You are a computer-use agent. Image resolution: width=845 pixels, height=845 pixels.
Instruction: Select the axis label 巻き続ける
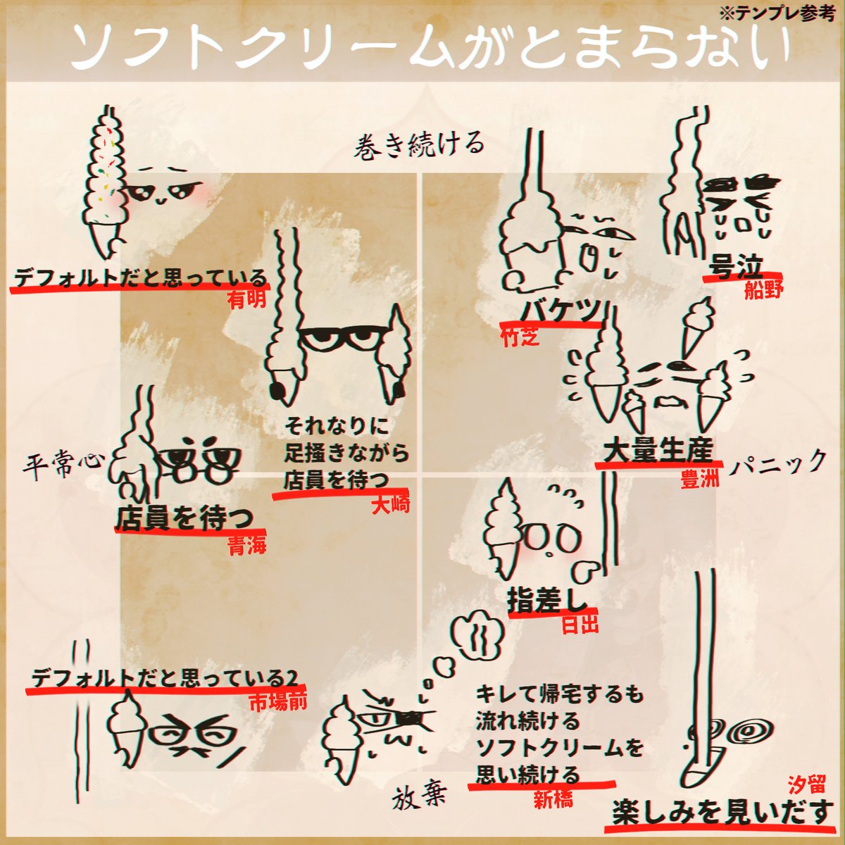pyautogui.click(x=420, y=144)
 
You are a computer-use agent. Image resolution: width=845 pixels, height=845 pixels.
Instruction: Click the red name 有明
pyautogui.click(x=246, y=300)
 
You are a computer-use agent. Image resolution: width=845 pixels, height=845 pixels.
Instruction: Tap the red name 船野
pyautogui.click(x=763, y=290)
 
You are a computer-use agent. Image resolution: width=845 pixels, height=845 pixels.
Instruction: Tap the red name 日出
pyautogui.click(x=580, y=624)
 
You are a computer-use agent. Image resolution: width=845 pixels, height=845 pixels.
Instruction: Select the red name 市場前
pyautogui.click(x=278, y=702)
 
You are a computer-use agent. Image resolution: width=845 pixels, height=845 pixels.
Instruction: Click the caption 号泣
pyautogui.click(x=737, y=268)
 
